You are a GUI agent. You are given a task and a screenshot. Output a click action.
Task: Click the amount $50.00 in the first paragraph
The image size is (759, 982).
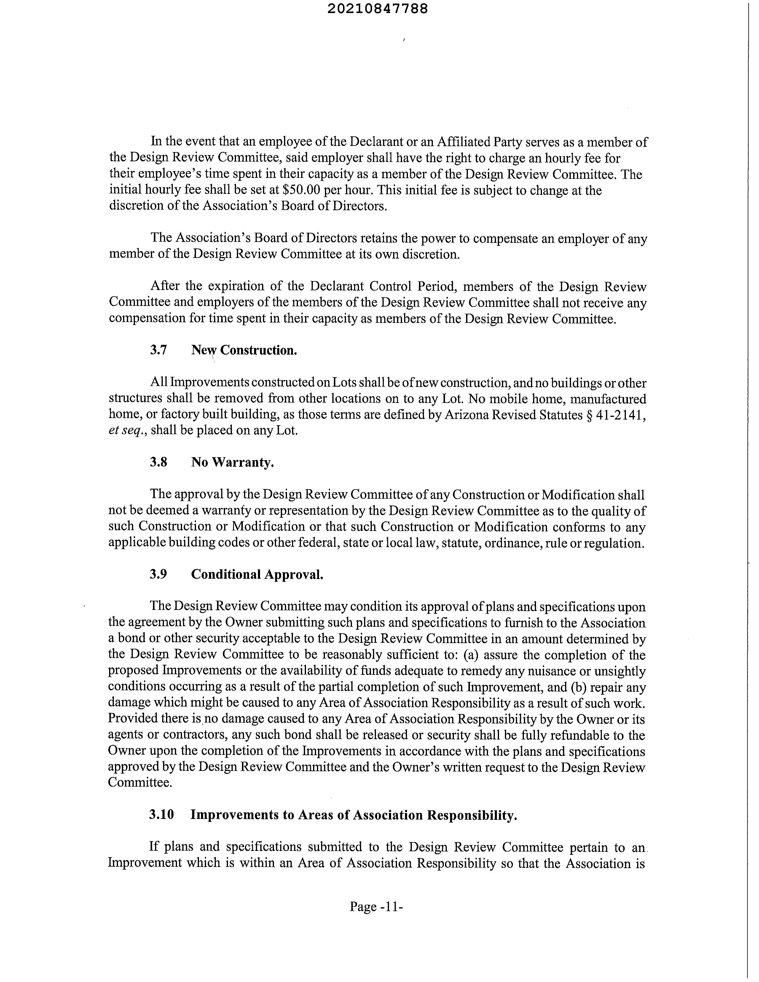pyautogui.click(x=301, y=190)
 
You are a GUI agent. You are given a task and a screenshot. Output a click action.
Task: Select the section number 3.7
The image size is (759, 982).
pyautogui.click(x=159, y=350)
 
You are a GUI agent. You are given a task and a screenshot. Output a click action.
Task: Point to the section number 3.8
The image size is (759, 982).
pyautogui.click(x=159, y=462)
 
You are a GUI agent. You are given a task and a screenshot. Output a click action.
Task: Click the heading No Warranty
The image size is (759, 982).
pyautogui.click(x=232, y=462)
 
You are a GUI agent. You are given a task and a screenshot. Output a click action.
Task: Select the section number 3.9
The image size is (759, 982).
pyautogui.click(x=159, y=574)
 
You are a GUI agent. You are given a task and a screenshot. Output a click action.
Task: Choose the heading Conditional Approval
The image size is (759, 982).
pyautogui.click(x=257, y=574)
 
